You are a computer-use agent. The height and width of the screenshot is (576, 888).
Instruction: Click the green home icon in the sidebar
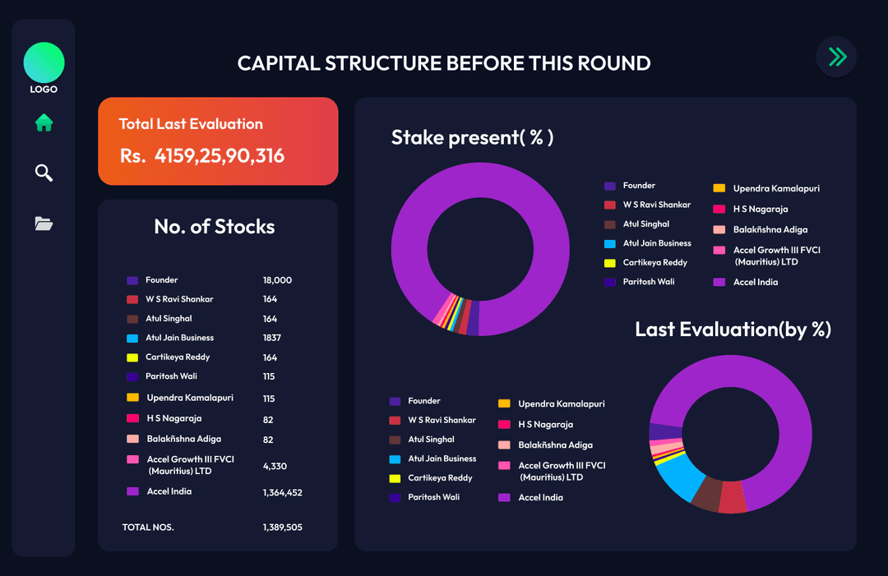click(x=44, y=123)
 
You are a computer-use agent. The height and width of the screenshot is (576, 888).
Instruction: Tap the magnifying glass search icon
click(x=44, y=173)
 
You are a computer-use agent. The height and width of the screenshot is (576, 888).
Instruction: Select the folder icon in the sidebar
click(x=44, y=223)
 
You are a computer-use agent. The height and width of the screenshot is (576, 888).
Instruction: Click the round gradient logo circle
click(x=44, y=62)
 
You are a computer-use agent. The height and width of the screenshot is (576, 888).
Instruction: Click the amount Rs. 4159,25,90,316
click(x=202, y=155)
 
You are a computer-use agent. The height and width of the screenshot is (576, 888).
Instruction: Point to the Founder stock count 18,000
click(x=277, y=280)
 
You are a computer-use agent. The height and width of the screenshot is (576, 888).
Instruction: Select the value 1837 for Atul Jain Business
click(x=271, y=338)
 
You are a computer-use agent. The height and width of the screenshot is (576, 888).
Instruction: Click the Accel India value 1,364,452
click(x=282, y=492)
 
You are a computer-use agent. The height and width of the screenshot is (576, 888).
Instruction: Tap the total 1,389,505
click(x=282, y=527)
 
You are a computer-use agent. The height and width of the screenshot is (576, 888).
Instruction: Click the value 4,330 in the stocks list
click(x=275, y=466)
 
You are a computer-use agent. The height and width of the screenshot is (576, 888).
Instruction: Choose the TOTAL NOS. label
click(x=148, y=527)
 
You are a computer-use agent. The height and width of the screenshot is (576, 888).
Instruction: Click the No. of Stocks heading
click(x=215, y=227)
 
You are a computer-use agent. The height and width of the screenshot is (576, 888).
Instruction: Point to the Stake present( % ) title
click(x=472, y=137)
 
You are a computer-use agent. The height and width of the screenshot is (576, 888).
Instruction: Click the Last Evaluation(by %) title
click(x=733, y=329)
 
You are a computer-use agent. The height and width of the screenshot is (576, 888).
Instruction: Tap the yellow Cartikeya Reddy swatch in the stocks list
click(x=132, y=357)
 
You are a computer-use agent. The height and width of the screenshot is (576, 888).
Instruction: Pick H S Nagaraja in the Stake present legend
click(x=761, y=209)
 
